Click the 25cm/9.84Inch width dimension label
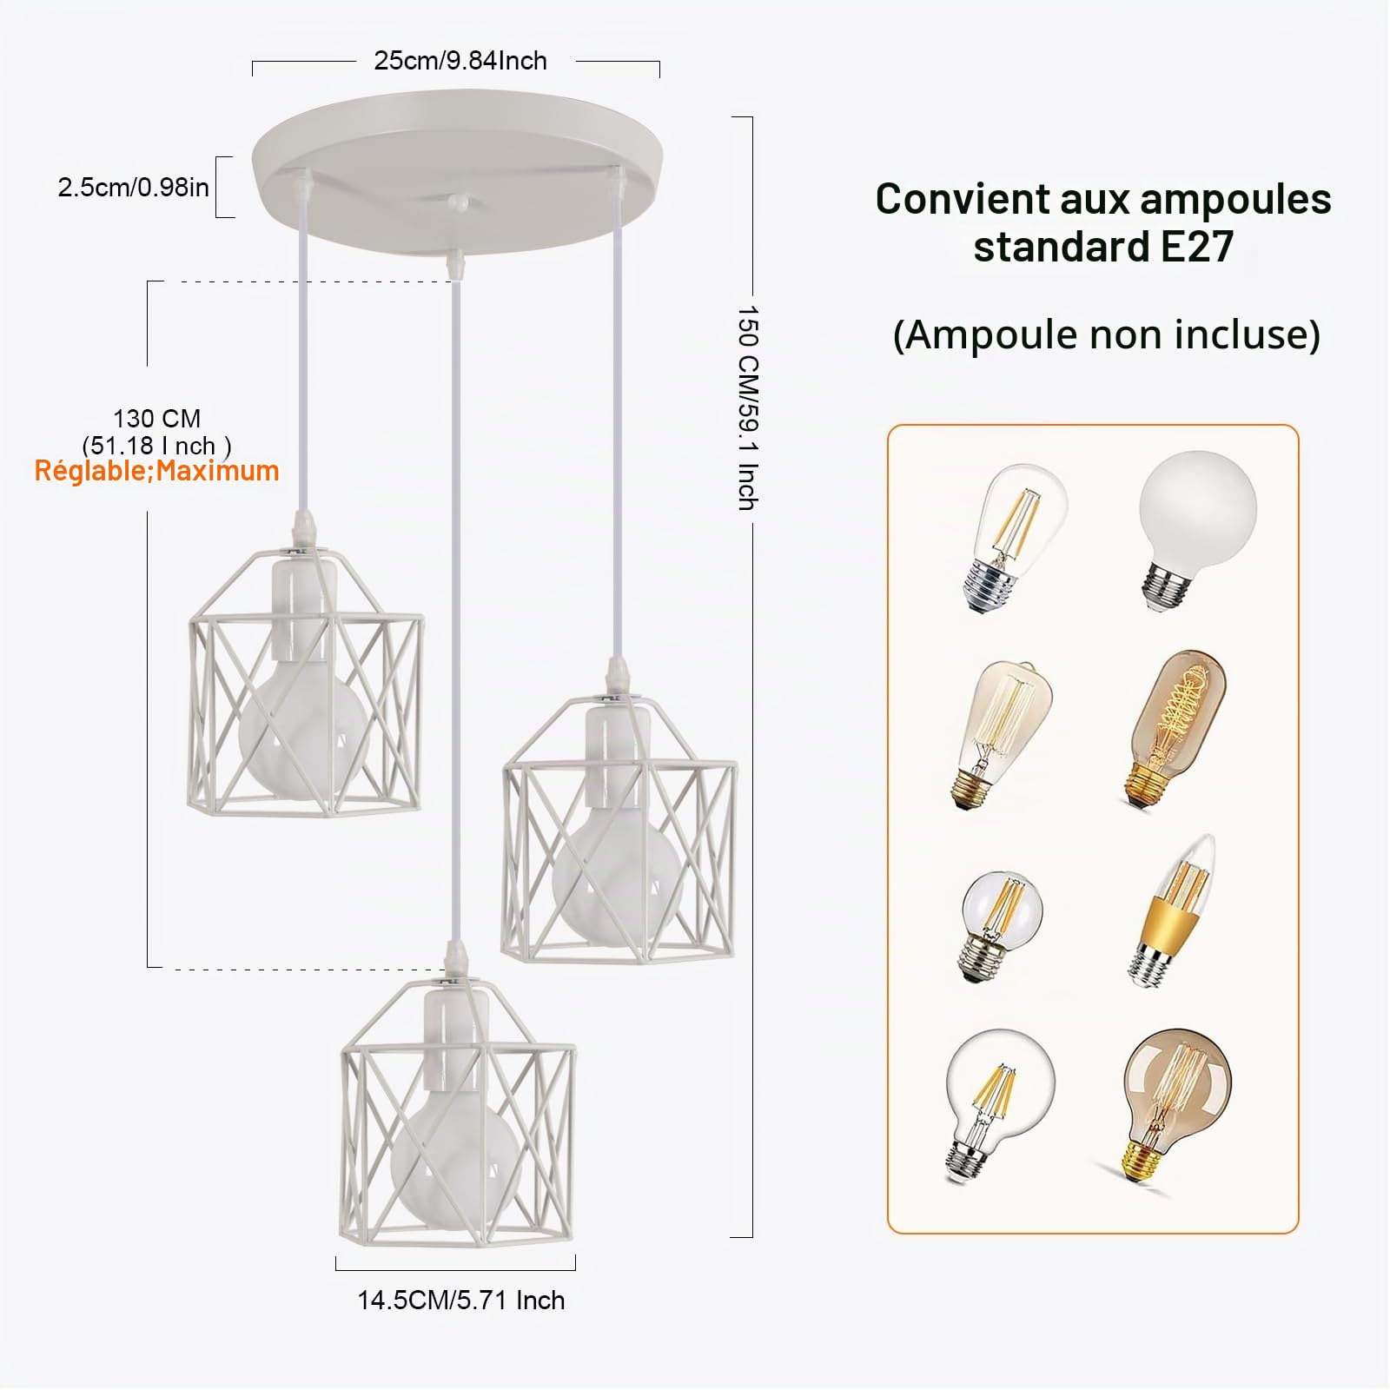pos(460,61)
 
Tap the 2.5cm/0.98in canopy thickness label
pos(133,187)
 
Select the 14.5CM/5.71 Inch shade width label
pos(461,1301)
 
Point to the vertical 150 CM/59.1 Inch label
pos(748,407)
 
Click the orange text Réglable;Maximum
pos(156,471)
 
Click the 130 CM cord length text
pos(156,419)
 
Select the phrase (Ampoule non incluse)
pos(1106,334)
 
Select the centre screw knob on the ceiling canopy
pos(458,202)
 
